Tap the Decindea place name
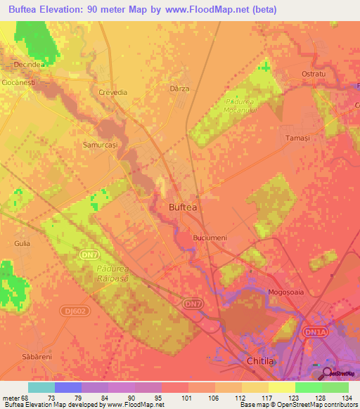point(27,64)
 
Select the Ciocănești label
point(19,82)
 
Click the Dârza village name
point(181,89)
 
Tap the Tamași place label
point(297,138)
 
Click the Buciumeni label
point(210,238)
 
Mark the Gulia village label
point(21,243)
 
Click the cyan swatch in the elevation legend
point(41,387)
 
